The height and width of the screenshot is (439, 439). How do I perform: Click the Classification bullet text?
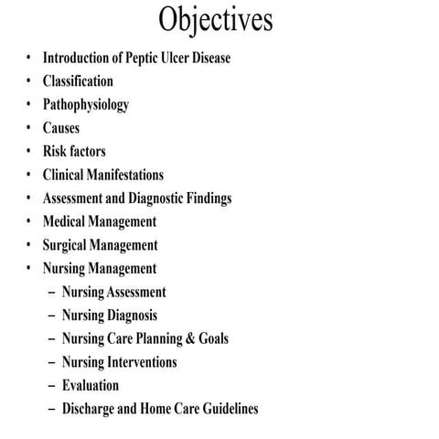pos(78,81)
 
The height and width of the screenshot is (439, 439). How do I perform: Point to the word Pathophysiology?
pos(86,104)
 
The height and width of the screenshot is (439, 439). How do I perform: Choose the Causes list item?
pos(61,128)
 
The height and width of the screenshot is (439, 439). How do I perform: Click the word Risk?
pos(54,151)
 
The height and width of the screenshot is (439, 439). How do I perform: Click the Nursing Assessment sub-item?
pos(114,293)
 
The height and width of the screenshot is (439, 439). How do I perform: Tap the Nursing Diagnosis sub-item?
pos(110,316)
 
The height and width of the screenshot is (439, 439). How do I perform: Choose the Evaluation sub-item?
pos(91,385)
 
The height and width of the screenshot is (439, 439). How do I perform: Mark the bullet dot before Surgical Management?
pos(28,245)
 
